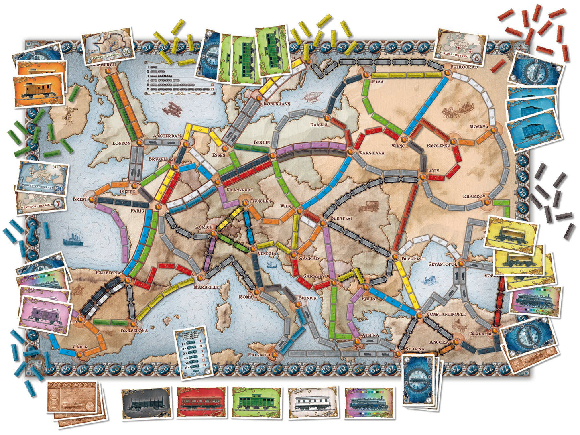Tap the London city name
tap(121, 143)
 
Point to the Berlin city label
tap(261, 143)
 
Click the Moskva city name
tap(479, 127)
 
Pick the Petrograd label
tap(464, 67)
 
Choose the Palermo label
tap(259, 355)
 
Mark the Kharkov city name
tap(474, 197)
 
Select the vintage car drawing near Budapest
tap(367, 206)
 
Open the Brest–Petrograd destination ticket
tap(42, 177)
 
